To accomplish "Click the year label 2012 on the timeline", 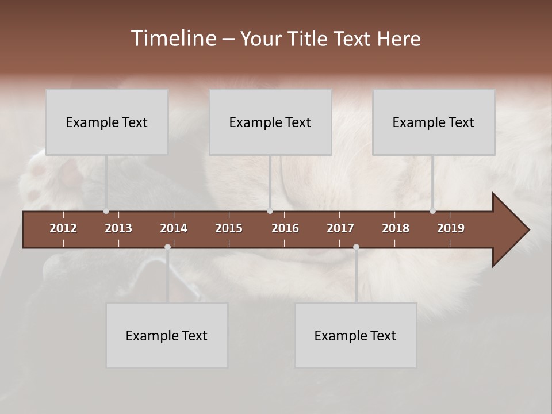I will [x=63, y=228].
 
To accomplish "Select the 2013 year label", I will [x=118, y=228].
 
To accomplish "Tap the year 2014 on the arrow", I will [x=174, y=228].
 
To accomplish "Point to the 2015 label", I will [x=229, y=228].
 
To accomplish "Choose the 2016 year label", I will [x=285, y=228].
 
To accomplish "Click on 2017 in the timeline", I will [x=340, y=228].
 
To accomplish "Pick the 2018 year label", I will [x=396, y=228].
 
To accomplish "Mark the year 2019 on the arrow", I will [x=451, y=228].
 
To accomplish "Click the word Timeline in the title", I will [x=174, y=39].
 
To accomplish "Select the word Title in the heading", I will [x=309, y=39].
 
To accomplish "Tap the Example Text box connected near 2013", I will [x=107, y=122].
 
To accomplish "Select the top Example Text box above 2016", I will [x=270, y=122].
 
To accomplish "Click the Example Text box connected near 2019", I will [x=434, y=122].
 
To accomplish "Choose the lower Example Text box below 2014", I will [x=167, y=335].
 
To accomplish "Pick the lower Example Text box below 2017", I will [x=355, y=335].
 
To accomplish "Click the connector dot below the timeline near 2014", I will [x=167, y=247].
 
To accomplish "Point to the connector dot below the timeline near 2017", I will [x=356, y=247].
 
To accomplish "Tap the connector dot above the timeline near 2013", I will [x=106, y=211].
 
